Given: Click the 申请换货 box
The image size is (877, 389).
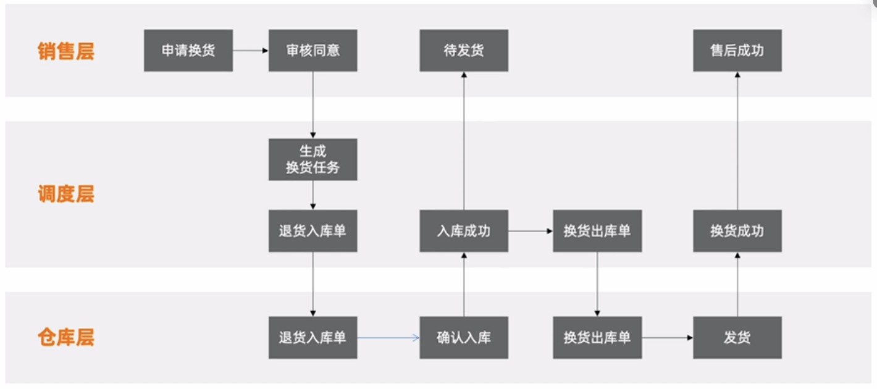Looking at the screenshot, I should (188, 51).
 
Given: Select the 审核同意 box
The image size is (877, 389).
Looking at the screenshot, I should (313, 51).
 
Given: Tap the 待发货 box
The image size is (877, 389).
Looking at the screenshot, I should (464, 51).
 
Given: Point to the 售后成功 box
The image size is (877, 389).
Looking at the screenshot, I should (737, 51).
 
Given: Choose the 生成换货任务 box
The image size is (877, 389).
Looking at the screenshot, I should (313, 159).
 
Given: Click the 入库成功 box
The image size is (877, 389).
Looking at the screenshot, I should (464, 231).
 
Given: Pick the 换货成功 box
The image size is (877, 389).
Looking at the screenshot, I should (737, 231).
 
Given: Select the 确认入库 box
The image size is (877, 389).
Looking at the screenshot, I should (464, 338).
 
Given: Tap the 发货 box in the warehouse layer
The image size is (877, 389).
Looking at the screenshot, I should (737, 338).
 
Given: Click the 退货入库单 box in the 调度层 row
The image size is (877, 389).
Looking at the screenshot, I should (313, 231).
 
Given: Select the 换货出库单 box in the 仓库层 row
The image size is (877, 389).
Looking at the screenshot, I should (597, 338).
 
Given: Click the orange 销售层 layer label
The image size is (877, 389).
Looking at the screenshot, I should (65, 51).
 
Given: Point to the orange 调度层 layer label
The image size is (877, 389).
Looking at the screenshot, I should (65, 194).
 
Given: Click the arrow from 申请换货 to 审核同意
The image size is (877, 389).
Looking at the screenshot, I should (250, 51).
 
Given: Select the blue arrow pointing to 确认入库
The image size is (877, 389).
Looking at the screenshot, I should (388, 338).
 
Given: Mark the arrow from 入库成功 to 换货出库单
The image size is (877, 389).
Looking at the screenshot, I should (531, 231).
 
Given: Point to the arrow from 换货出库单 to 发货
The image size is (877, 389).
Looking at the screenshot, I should (667, 338).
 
